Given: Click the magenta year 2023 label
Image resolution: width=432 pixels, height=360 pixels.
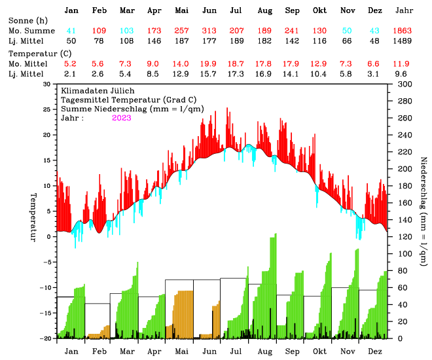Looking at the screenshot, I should click(x=121, y=118).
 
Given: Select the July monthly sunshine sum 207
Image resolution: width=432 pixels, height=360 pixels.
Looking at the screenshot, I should click(x=237, y=31).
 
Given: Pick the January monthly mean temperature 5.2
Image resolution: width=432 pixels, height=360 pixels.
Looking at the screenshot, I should click(x=71, y=63).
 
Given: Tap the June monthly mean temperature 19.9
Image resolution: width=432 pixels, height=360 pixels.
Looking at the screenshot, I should click(x=209, y=63).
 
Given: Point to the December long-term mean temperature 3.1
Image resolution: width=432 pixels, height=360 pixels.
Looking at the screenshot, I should click(x=375, y=74).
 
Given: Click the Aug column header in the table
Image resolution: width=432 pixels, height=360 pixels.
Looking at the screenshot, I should click(x=265, y=11).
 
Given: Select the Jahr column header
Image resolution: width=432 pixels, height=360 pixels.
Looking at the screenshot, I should click(x=404, y=11).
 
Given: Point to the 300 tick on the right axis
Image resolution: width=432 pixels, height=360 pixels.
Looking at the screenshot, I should click(x=404, y=84).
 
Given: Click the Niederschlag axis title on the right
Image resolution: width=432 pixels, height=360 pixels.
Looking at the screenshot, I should click(x=423, y=211).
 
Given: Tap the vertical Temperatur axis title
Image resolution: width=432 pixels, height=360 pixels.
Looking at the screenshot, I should click(x=32, y=217).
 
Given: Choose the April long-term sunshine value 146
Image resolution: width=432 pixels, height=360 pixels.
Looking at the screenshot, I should click(x=154, y=41).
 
